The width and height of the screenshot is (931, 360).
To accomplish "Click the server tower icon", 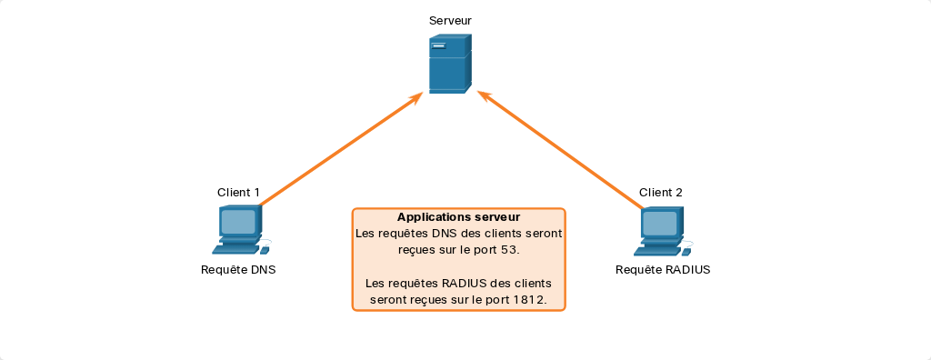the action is point(450,64).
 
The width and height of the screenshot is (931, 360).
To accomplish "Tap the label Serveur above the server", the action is point(450,21).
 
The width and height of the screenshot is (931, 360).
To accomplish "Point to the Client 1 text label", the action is point(238,193).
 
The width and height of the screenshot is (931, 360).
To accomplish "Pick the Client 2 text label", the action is point(660,193).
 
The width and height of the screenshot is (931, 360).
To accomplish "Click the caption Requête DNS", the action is point(238,270).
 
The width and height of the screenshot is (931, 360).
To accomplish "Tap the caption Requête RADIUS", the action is point(663,270).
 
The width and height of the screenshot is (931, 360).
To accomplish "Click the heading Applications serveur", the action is point(458,217).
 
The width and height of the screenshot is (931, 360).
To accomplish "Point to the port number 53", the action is point(509,250).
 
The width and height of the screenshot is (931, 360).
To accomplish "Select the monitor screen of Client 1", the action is point(238,222).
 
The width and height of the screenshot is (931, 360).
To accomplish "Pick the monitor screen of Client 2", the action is point(660,222).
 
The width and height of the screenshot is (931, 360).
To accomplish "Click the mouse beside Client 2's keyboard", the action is point(686,252).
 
